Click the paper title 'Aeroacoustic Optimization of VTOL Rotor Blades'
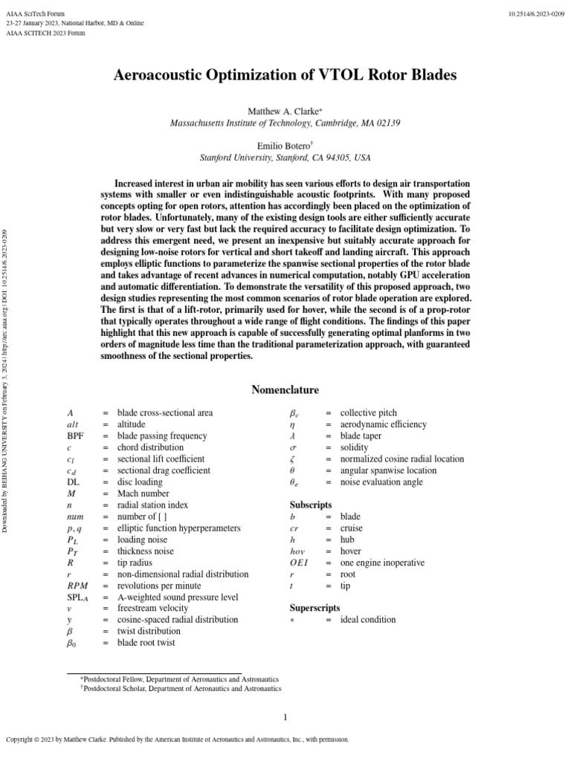coord(285,75)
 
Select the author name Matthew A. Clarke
coord(285,111)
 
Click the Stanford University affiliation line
coord(285,158)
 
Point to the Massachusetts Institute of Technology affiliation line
coord(285,123)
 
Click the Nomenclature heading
coord(285,389)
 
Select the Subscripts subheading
coord(309,505)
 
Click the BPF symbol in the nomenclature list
coord(75,436)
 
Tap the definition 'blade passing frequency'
coord(162,436)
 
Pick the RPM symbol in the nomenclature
coord(77,585)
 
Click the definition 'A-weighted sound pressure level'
coord(178,597)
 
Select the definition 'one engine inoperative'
coord(382,563)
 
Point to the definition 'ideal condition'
coord(368,619)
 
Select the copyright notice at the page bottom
coord(177,739)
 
